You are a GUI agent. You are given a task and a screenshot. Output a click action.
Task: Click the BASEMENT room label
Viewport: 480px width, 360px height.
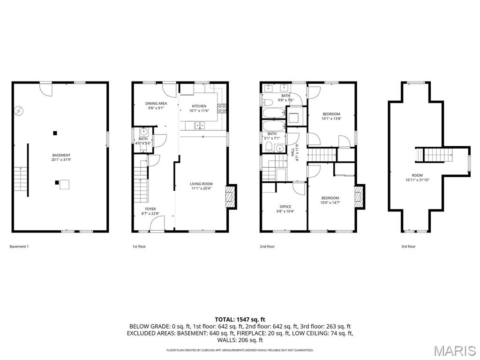pos(61,155)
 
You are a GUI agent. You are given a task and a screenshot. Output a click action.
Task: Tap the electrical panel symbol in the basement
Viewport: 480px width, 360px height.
pos(19,111)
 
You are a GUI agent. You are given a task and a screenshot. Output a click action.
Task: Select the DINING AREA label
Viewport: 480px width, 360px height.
pos(156,104)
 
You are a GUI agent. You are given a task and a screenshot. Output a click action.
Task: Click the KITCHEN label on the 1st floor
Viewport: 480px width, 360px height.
pos(199,106)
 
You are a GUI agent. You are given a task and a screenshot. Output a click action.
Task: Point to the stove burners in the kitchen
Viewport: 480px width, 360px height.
pos(222,108)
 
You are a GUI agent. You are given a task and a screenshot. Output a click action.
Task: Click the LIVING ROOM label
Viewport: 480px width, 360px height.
pos(201,184)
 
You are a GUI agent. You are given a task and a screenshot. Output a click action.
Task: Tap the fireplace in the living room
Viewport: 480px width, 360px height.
pos(231,197)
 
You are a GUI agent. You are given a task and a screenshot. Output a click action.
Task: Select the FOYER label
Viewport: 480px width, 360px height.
pos(150,209)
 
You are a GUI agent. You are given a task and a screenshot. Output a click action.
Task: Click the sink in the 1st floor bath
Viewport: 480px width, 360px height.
pos(143,132)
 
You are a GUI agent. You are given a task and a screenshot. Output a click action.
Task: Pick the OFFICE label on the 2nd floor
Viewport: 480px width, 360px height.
pos(285,207)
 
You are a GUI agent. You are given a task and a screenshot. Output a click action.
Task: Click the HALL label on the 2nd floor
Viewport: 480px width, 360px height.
pos(292,152)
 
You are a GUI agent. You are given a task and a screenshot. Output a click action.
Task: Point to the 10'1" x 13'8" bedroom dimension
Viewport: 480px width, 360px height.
pos(331,119)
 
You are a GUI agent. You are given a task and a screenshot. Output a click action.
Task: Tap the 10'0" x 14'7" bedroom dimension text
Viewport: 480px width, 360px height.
pos(330,202)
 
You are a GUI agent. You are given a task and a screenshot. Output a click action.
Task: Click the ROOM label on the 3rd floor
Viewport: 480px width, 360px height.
pos(417,175)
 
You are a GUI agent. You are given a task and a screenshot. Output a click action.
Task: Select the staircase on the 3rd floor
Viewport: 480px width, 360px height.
pos(434,155)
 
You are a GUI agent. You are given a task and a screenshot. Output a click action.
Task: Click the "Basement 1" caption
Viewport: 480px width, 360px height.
pos(19,247)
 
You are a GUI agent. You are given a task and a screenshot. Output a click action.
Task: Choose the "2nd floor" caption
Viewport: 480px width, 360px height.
pos(267,247)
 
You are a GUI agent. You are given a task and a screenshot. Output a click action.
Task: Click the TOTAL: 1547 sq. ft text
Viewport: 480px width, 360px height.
pos(240,320)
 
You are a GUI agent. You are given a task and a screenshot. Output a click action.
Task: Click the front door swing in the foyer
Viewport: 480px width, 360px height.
pos(157,223)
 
